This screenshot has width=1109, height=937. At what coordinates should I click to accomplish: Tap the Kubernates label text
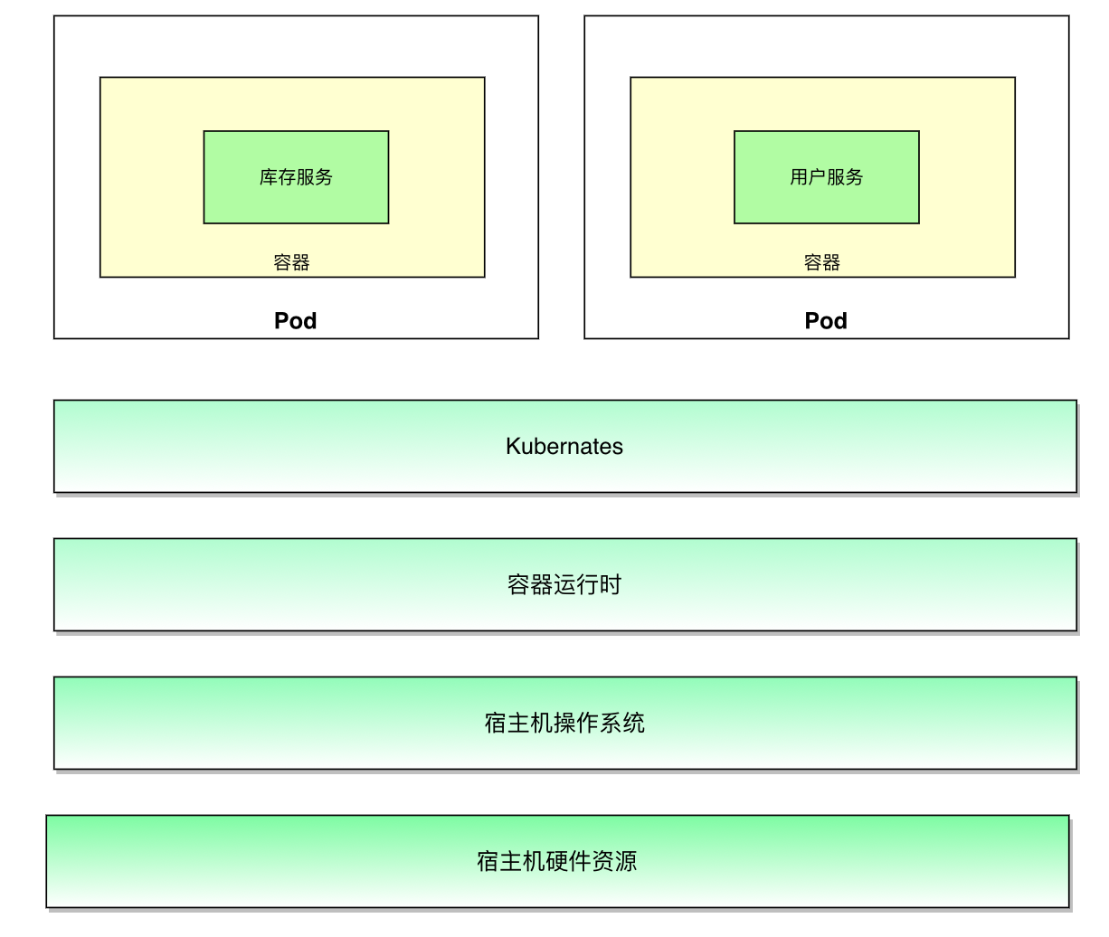(x=564, y=447)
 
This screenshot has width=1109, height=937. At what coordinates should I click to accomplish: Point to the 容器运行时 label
(x=564, y=585)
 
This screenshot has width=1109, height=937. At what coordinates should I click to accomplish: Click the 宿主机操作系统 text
(x=564, y=724)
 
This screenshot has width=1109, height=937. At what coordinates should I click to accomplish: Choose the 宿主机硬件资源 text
(x=557, y=862)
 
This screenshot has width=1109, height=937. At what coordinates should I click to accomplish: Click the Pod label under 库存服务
(x=296, y=321)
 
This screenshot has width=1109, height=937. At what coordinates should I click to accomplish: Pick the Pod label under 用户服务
(x=826, y=321)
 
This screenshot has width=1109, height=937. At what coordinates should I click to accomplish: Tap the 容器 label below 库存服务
(x=291, y=263)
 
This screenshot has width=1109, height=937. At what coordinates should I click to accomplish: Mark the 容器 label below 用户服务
(x=822, y=263)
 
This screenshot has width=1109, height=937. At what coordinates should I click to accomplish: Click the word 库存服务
(x=296, y=177)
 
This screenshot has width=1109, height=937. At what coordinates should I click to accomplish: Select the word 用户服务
(x=826, y=177)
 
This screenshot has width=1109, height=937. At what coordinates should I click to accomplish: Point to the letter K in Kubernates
(x=513, y=447)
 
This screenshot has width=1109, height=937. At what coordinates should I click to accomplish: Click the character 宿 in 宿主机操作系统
(x=495, y=724)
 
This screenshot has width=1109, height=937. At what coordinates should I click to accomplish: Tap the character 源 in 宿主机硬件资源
(x=626, y=862)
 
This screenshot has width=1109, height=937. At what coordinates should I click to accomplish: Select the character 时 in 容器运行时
(x=611, y=585)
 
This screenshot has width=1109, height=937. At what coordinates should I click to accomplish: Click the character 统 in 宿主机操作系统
(x=634, y=724)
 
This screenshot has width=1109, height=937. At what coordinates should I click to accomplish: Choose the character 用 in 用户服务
(x=799, y=177)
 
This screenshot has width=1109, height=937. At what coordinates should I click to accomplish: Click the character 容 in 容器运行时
(x=518, y=585)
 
